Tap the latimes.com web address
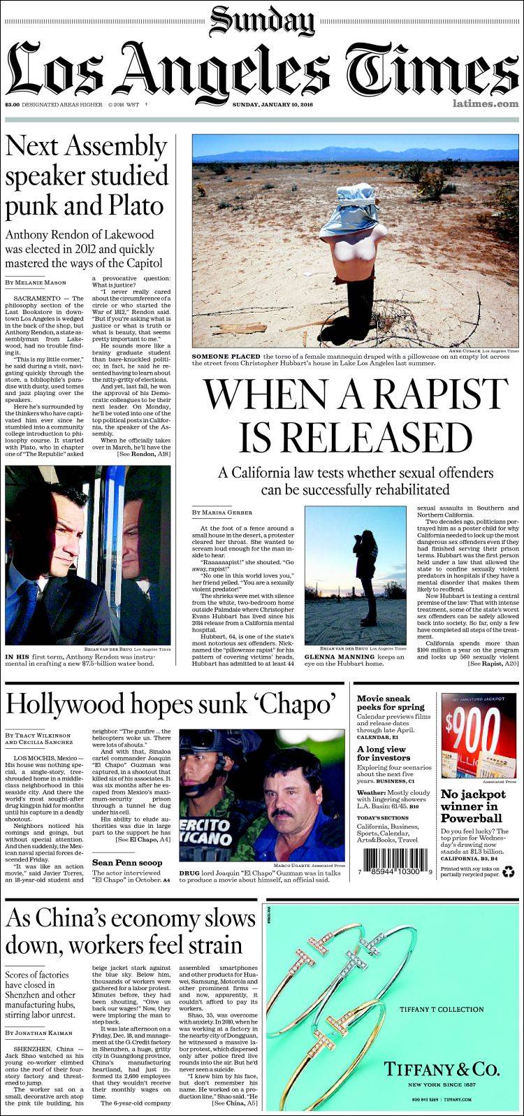pos(485,104)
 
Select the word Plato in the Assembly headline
pos(132,206)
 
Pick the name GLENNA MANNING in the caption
pos(335,657)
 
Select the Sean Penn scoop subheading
pos(128,863)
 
